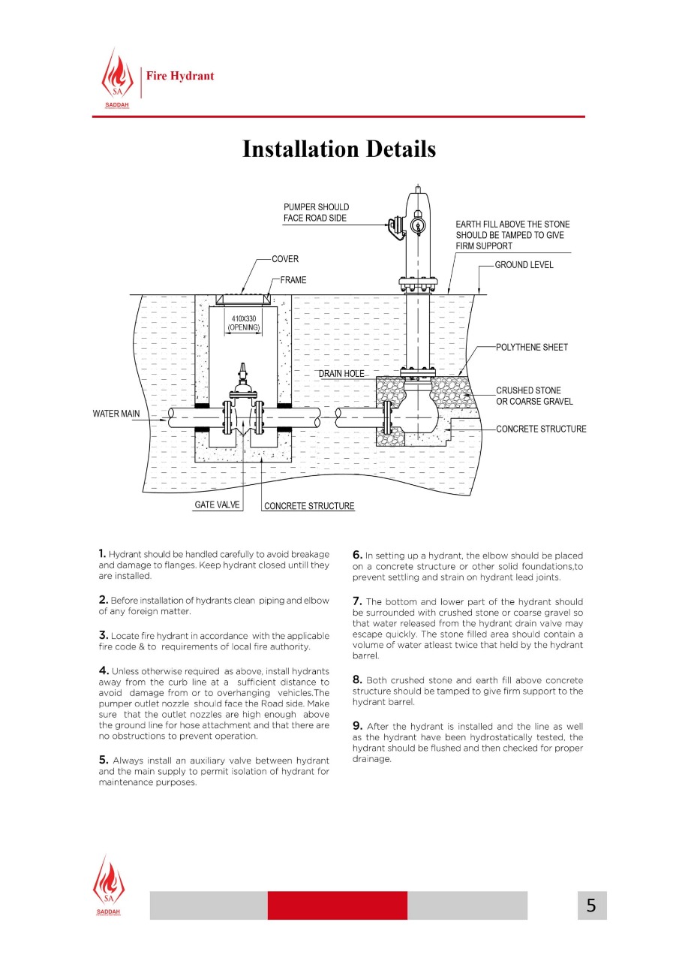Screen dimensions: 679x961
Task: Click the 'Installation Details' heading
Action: pos(339,149)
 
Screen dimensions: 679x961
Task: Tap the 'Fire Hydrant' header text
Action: pos(180,76)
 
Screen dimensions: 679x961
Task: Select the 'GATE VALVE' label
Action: pos(217,505)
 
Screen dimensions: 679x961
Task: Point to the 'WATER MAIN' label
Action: pos(116,414)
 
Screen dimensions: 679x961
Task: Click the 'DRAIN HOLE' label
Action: pos(341,374)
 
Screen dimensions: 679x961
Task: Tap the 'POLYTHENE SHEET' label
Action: pos(531,347)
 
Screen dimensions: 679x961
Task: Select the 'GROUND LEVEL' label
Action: pos(524,265)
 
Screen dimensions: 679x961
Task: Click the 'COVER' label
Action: pos(285,259)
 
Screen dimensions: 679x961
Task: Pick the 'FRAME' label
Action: pos(293,280)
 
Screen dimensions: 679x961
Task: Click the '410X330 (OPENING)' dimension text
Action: pos(244,323)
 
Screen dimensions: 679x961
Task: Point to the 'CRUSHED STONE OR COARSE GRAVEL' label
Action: pos(534,396)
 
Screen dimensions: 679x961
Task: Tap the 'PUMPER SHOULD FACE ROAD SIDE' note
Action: pos(317,212)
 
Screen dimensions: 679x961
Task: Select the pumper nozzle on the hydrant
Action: pos(396,227)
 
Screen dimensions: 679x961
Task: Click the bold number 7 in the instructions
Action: pos(357,601)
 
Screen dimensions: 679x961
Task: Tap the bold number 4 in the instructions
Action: pos(104,670)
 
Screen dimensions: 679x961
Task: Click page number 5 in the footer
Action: pos(591,905)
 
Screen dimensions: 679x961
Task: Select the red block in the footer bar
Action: pos(338,905)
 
